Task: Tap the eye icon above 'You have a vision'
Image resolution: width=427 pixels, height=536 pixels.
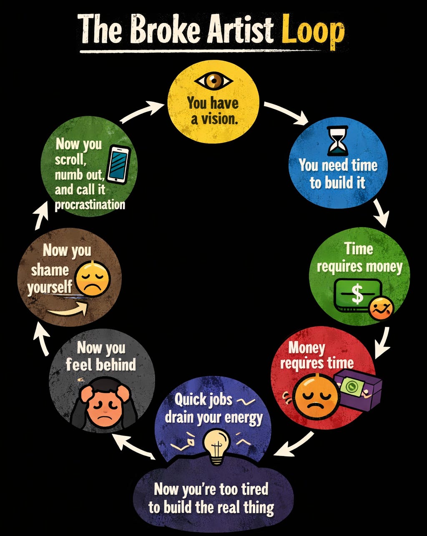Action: pyautogui.click(x=213, y=80)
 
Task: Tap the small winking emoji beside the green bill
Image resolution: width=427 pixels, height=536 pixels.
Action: pyautogui.click(x=381, y=309)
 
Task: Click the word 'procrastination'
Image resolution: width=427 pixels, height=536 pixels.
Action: pyautogui.click(x=90, y=205)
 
